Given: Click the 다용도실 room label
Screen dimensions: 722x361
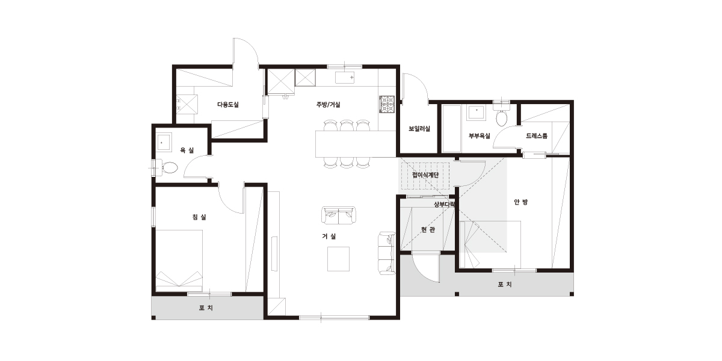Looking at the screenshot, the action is [228, 105].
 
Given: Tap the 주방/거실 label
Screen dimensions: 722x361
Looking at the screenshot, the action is [328, 105].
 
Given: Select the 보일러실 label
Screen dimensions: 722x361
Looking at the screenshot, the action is [419, 129].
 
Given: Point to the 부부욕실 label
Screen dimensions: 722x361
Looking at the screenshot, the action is [480, 136].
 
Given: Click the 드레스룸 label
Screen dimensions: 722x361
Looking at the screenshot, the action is [537, 136].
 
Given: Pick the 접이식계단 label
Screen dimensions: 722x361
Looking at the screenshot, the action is [425, 175].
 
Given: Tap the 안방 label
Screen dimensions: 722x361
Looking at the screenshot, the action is [521, 202].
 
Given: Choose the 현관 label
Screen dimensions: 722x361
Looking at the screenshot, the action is [428, 230].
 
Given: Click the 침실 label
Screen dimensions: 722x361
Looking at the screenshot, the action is [199, 217].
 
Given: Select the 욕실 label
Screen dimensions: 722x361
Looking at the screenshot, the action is [187, 150].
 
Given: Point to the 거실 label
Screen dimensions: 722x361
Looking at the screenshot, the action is [329, 236].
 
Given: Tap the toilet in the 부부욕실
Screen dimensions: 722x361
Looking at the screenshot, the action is [501, 116].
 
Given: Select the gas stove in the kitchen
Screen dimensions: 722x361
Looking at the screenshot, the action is [387, 104].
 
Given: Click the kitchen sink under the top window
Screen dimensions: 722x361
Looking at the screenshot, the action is [345, 78].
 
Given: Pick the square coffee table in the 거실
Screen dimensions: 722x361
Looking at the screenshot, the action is [338, 259].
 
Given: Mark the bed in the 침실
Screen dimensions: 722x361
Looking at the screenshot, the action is [179, 261].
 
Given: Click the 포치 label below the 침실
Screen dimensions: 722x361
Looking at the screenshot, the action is [206, 308].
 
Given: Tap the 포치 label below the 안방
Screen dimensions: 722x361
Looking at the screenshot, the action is [505, 284].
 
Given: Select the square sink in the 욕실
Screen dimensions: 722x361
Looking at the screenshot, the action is [164, 141].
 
